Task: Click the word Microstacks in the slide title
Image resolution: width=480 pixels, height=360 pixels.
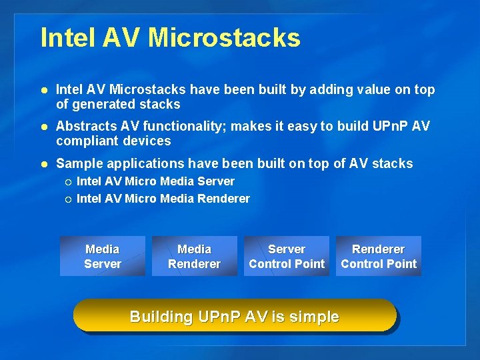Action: point(224,37)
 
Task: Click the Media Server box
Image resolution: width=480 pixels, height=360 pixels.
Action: point(103,256)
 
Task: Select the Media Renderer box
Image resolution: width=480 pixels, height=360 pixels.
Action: point(195,256)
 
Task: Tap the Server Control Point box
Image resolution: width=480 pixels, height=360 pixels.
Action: point(287,256)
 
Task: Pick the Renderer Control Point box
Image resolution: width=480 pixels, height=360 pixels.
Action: point(379,256)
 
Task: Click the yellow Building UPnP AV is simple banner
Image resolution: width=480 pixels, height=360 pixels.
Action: point(235,316)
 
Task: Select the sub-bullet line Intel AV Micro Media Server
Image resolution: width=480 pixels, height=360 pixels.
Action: point(155,181)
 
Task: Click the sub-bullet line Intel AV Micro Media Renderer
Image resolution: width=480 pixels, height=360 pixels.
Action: point(163,199)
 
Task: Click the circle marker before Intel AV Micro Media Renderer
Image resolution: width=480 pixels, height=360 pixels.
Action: point(69,199)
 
